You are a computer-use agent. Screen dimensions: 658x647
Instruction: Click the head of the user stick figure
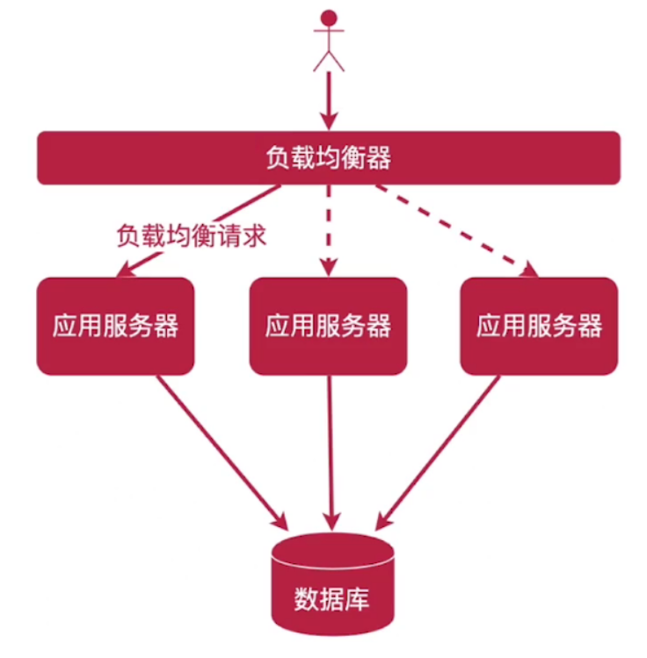point(329,17)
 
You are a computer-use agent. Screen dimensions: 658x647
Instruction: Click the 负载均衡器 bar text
point(328,158)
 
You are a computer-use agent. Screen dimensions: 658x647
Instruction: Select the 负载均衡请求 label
point(191,235)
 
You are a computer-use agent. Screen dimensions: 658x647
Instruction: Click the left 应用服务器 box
point(115,326)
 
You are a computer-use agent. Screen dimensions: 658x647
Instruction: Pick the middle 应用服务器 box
point(328,326)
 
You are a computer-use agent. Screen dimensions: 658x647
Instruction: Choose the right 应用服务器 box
point(539,326)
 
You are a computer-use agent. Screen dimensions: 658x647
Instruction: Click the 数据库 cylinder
point(331,584)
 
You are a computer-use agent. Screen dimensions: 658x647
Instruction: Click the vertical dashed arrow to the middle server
point(328,228)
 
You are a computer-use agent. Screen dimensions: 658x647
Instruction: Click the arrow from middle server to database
point(331,448)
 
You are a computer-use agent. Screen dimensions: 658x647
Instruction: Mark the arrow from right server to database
point(440,448)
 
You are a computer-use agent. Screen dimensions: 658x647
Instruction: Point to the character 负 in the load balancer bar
point(277,158)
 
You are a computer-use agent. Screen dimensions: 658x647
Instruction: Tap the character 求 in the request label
point(254,235)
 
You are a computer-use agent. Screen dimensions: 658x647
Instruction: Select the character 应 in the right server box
point(489,326)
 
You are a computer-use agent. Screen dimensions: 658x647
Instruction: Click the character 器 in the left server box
point(166,326)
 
